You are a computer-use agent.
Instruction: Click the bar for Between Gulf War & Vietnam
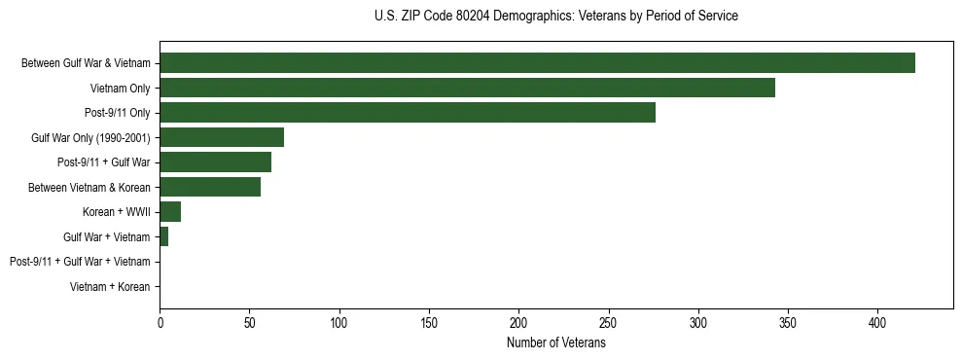point(537,63)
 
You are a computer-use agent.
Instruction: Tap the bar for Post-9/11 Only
point(408,113)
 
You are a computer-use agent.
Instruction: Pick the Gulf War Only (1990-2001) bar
point(222,137)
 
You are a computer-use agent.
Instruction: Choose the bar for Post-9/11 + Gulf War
point(215,162)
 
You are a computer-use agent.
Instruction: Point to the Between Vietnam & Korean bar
point(210,187)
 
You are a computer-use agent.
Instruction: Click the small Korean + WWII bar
point(170,212)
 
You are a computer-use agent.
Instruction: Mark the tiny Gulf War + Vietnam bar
point(164,236)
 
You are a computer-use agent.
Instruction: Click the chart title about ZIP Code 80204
point(555,17)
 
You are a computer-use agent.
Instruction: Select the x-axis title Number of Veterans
point(555,343)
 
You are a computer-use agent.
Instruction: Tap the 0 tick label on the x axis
point(160,322)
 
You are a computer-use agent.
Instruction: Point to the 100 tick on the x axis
point(339,322)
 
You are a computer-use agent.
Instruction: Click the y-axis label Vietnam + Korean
point(110,287)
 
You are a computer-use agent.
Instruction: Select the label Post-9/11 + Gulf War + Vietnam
point(80,262)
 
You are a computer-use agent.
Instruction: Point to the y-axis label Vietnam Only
point(120,89)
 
